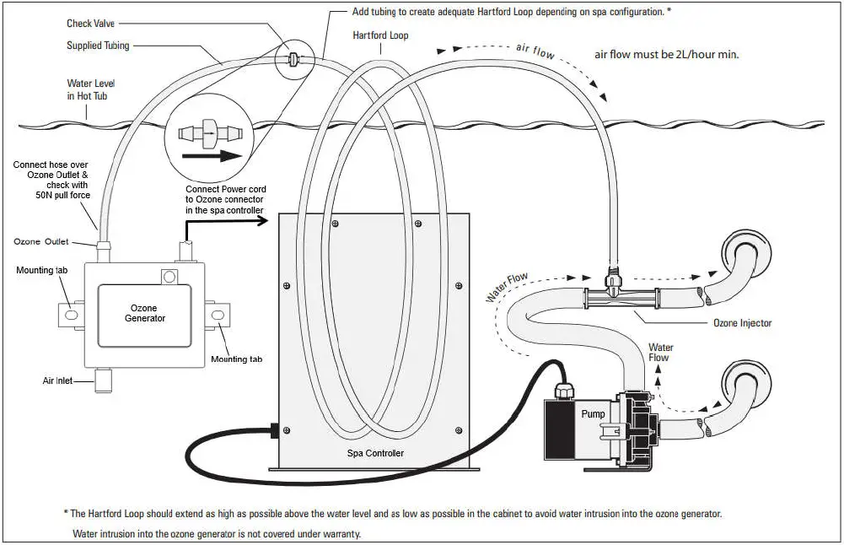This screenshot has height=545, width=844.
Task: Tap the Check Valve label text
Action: (x=91, y=24)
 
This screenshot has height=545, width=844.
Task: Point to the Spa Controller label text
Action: (x=376, y=453)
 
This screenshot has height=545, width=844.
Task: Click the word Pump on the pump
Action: (x=593, y=414)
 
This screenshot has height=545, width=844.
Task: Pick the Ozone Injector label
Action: (x=742, y=323)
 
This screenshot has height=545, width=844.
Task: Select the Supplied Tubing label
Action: (x=95, y=46)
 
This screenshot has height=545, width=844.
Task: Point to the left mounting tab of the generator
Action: (x=71, y=315)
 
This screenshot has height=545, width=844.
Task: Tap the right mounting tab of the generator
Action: (x=218, y=315)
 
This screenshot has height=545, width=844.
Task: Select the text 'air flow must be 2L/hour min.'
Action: (x=667, y=54)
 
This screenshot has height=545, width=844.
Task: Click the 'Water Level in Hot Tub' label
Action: (x=91, y=90)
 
